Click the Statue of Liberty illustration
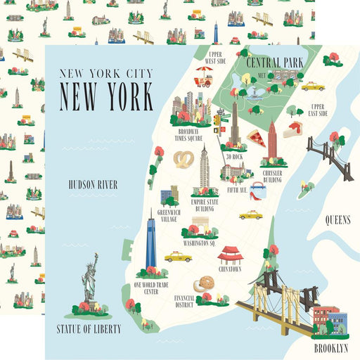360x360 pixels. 89,278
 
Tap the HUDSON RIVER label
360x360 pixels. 102,184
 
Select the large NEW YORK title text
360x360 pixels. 105,97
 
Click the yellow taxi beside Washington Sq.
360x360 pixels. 178,257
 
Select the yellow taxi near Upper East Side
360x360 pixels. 313,86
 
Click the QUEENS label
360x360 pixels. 337,220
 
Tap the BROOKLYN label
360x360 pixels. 330,347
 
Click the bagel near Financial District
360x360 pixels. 203,283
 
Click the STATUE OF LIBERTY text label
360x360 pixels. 89,328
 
